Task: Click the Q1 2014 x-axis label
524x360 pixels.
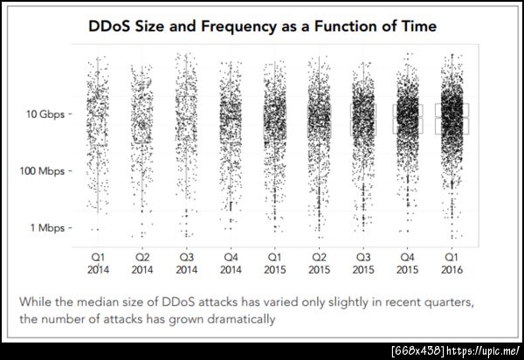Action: pos(99,263)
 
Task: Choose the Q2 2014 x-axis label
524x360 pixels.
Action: pos(142,263)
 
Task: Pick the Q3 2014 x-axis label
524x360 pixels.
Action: pos(187,263)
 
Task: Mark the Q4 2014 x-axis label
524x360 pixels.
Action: pos(231,263)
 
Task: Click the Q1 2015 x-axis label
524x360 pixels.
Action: pos(275,263)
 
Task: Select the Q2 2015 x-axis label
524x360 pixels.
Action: pos(319,263)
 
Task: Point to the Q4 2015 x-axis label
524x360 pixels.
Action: pos(407,263)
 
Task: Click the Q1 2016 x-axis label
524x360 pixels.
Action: pos(452,263)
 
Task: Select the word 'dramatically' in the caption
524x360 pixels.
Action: pos(237,319)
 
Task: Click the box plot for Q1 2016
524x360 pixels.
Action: pos(452,119)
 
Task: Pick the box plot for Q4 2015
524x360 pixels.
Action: pos(407,120)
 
